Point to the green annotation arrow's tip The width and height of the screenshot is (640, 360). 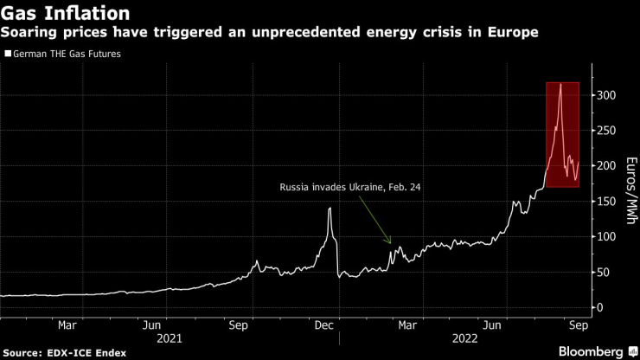coord(391,244)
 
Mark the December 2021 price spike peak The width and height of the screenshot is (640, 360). coord(330,208)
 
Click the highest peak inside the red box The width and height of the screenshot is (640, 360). coord(561,84)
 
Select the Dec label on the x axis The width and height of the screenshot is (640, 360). coord(323,325)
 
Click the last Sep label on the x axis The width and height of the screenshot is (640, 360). coord(578,325)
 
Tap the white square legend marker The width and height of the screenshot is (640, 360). coord(8,54)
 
